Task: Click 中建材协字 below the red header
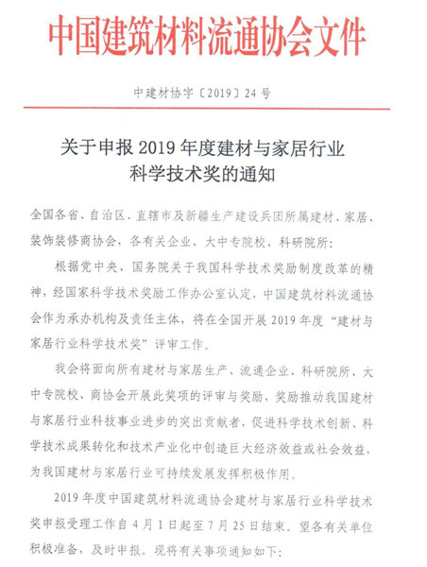165,94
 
